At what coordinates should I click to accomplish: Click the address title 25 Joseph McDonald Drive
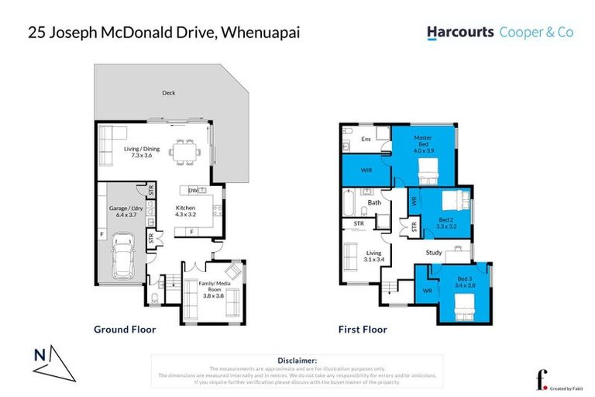click(x=163, y=33)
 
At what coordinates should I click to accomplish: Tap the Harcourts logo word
click(x=460, y=33)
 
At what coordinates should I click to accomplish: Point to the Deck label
click(x=168, y=93)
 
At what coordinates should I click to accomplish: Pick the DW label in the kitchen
click(x=193, y=190)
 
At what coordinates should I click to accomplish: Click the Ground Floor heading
click(x=125, y=330)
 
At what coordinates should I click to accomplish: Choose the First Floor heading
click(x=363, y=330)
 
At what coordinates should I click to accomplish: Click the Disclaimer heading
click(x=297, y=361)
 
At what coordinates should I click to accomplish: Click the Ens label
click(x=366, y=139)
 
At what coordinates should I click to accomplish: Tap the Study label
click(x=434, y=252)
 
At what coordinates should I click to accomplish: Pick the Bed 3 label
click(x=464, y=281)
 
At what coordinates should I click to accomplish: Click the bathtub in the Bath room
click(x=349, y=205)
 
